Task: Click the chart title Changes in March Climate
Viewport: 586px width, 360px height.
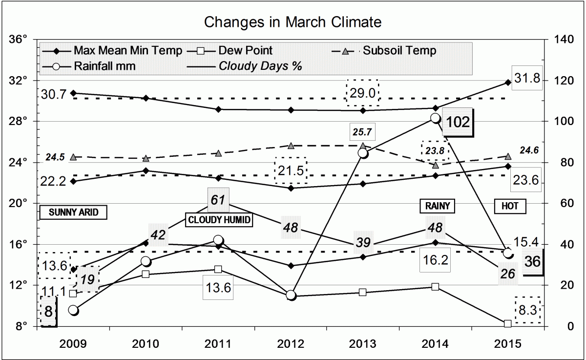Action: click(293, 22)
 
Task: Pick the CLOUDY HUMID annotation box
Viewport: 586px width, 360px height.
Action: click(219, 220)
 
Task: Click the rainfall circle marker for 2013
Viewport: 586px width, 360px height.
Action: click(363, 153)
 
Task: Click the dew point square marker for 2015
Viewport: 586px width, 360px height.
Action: click(508, 323)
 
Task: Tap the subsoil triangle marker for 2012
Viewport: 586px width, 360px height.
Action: click(291, 146)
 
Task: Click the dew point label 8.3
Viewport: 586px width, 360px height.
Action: click(528, 310)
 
